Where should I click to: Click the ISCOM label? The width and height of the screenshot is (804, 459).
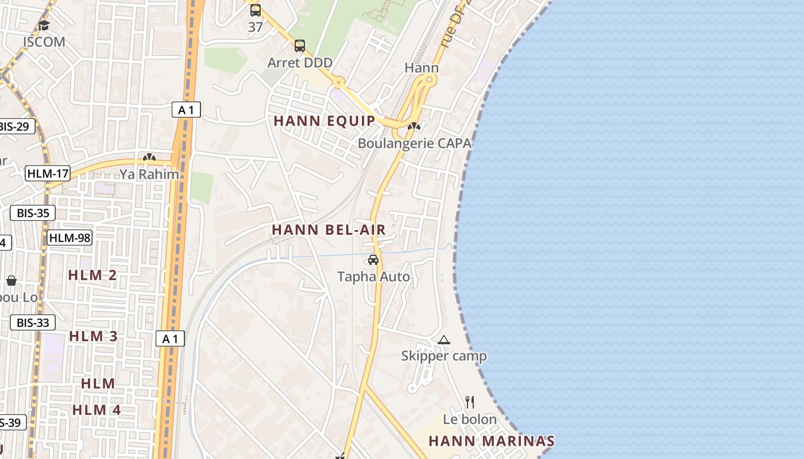[44, 42]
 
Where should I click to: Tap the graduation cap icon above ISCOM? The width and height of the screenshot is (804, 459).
[44, 25]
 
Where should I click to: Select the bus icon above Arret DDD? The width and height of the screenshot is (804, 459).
[300, 46]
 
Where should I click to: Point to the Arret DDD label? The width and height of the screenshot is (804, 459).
[300, 63]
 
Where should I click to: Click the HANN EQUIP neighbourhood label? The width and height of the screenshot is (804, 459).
[324, 121]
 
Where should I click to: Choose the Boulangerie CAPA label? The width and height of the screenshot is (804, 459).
[414, 143]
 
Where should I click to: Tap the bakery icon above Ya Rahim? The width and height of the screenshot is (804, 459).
[149, 157]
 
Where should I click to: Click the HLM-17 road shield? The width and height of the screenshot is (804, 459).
[48, 173]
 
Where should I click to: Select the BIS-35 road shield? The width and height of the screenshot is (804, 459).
[33, 213]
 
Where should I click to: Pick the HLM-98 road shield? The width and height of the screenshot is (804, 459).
[69, 238]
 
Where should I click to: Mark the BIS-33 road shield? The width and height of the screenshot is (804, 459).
[33, 322]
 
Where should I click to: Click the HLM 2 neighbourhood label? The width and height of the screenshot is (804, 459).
[92, 275]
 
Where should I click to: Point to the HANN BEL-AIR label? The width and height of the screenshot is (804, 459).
[328, 230]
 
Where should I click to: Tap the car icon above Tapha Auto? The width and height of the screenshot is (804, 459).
[373, 260]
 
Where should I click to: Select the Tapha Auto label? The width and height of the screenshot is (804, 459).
[373, 277]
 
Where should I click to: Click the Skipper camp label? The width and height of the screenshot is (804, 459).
[444, 356]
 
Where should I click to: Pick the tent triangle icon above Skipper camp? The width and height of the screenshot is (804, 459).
[444, 340]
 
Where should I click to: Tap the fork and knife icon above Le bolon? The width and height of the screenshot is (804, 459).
[470, 402]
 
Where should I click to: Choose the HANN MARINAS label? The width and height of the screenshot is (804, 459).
[492, 441]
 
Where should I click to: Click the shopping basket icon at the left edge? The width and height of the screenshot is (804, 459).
[11, 281]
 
